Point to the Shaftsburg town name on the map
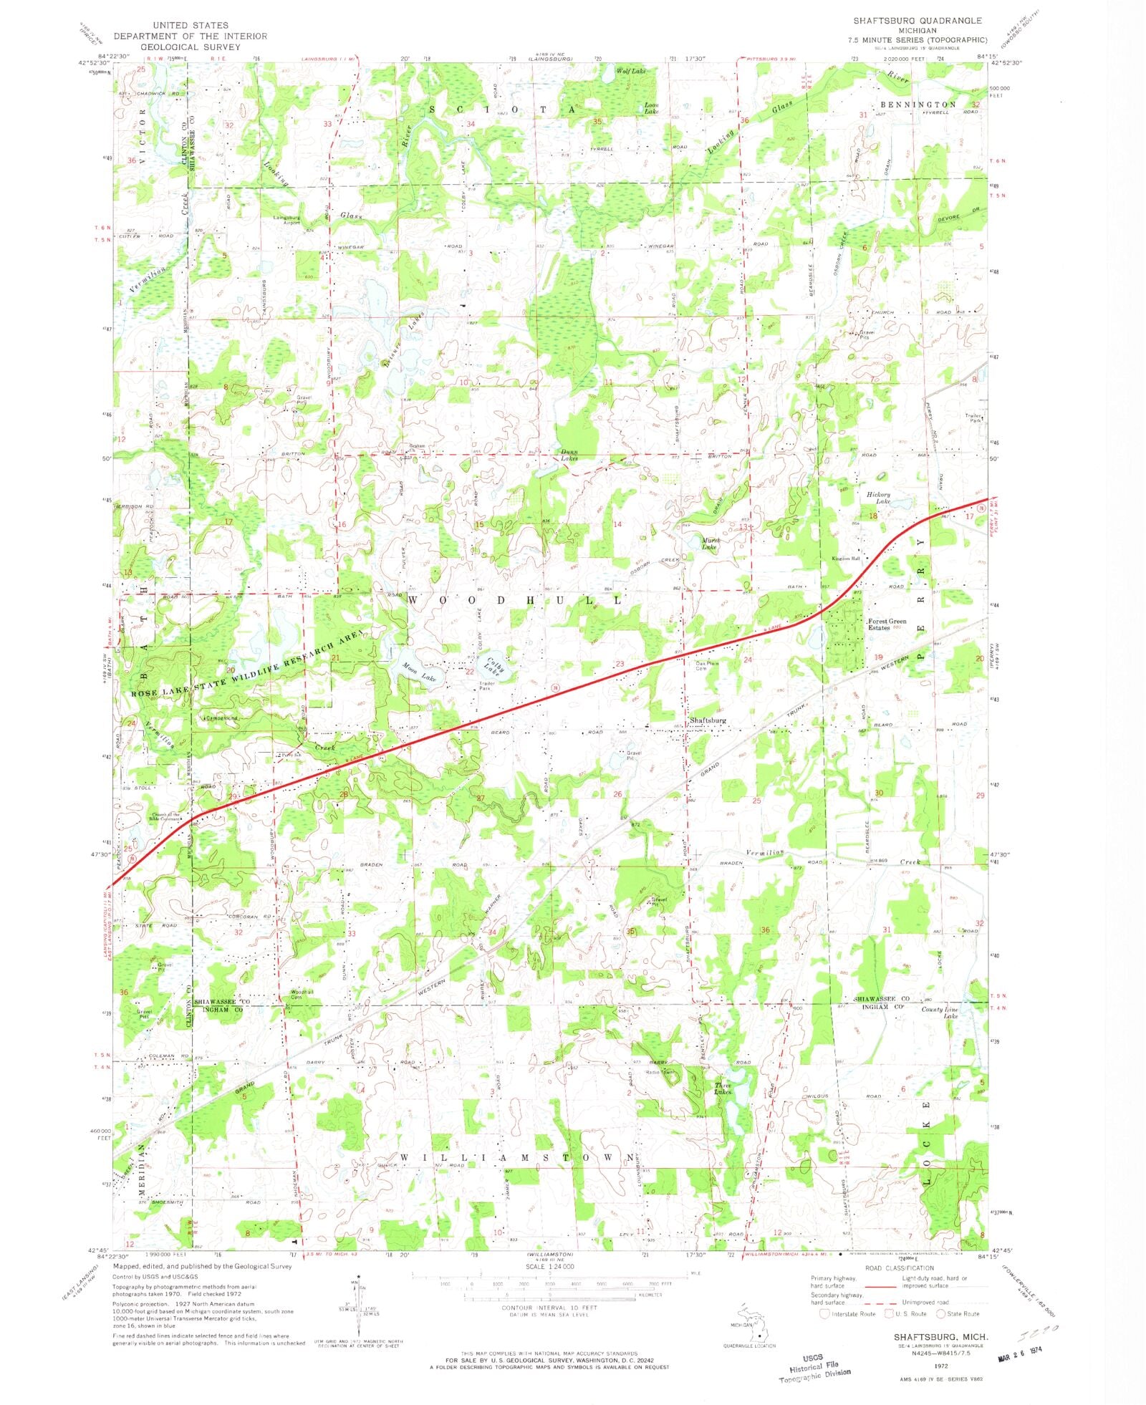click(707, 720)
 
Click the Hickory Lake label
click(878, 498)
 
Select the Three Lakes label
click(723, 1089)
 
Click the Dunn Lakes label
click(569, 455)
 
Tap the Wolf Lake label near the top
click(631, 71)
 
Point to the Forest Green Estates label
click(887, 624)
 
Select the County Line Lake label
click(940, 1012)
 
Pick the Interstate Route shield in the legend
click(824, 1313)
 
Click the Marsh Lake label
click(709, 544)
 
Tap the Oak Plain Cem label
click(707, 666)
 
